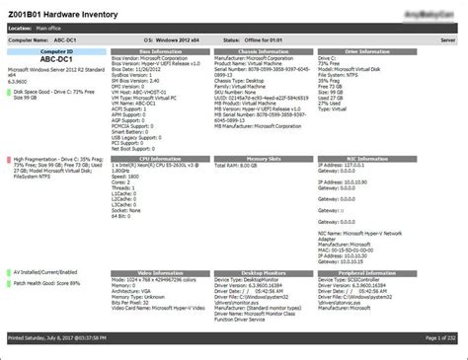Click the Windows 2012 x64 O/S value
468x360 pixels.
(181, 40)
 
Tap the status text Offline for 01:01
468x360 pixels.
(269, 40)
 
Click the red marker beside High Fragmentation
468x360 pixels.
(8, 159)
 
